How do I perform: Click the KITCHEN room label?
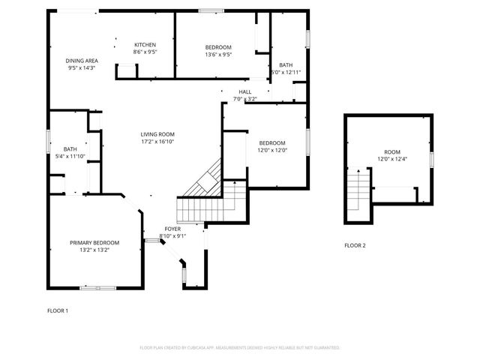(145, 44)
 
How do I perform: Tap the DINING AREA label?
(82, 60)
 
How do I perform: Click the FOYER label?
(173, 229)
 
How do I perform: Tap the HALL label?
(245, 91)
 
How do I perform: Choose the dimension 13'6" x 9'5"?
(218, 54)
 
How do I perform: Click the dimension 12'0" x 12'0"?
(272, 150)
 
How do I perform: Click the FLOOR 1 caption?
(58, 310)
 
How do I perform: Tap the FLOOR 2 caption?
(355, 245)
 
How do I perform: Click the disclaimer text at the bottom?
(240, 347)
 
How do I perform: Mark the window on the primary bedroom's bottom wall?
(97, 288)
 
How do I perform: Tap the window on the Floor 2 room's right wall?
(432, 159)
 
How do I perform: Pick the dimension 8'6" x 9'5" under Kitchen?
(145, 52)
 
